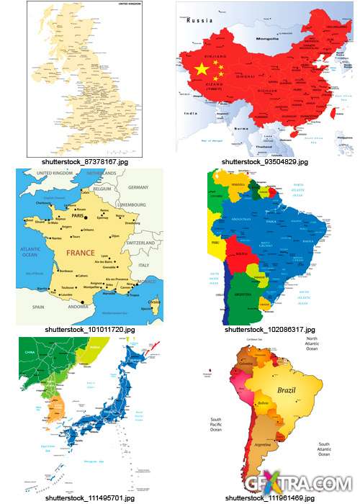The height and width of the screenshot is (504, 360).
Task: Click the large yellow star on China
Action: pyautogui.click(x=201, y=69)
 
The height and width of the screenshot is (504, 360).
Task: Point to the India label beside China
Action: pyautogui.click(x=190, y=112)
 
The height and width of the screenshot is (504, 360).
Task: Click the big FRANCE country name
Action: pyautogui.click(x=81, y=253)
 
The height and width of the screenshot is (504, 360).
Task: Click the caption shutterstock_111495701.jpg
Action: pyautogui.click(x=79, y=498)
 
